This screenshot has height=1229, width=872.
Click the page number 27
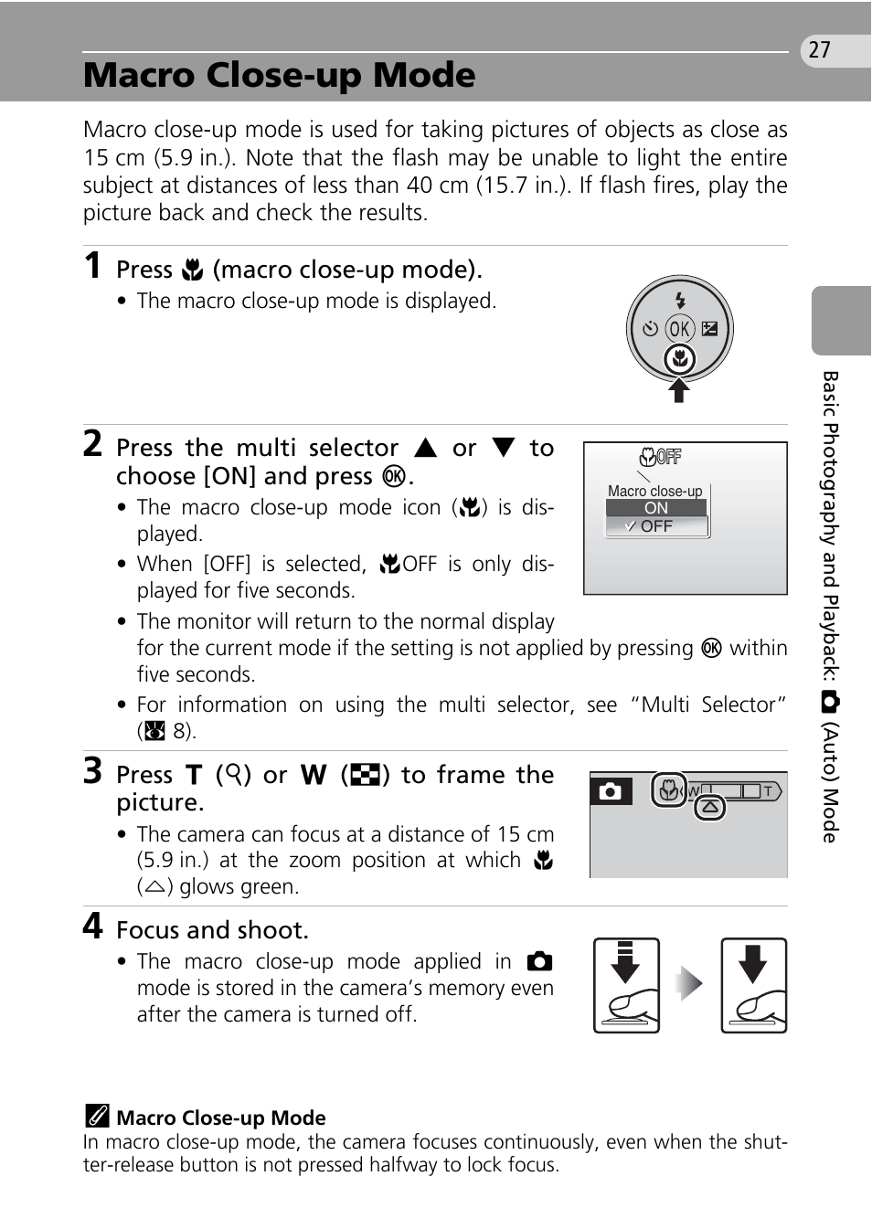point(820,50)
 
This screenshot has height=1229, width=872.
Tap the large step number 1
point(92,266)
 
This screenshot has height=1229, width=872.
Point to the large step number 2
point(92,444)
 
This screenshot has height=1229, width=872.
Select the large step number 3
point(92,771)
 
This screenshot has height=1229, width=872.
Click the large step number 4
point(92,927)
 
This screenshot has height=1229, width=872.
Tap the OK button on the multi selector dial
point(679,329)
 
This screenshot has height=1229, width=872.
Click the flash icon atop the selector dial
point(679,300)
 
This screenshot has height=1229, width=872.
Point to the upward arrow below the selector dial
point(679,390)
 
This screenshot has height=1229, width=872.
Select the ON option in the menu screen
point(656,508)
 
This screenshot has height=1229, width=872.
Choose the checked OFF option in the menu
point(656,526)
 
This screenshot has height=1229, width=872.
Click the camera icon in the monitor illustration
point(610,791)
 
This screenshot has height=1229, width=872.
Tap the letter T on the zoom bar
point(768,790)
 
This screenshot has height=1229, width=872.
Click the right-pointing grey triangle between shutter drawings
point(690,984)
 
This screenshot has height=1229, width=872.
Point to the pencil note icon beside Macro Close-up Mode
point(97,1117)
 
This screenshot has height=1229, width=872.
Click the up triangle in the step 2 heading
point(425,448)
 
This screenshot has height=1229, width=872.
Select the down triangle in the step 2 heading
point(504,448)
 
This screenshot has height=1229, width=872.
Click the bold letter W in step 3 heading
point(314,776)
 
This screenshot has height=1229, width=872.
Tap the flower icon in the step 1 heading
point(192,270)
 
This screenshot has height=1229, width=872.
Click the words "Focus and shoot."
point(212,930)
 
